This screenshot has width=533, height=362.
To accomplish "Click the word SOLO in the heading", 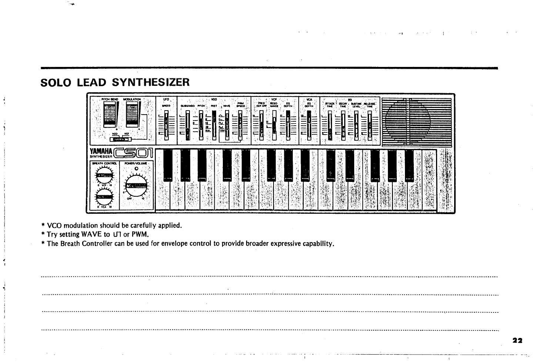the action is pyautogui.click(x=56, y=82).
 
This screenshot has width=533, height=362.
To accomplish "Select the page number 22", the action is pyautogui.click(x=517, y=341).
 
